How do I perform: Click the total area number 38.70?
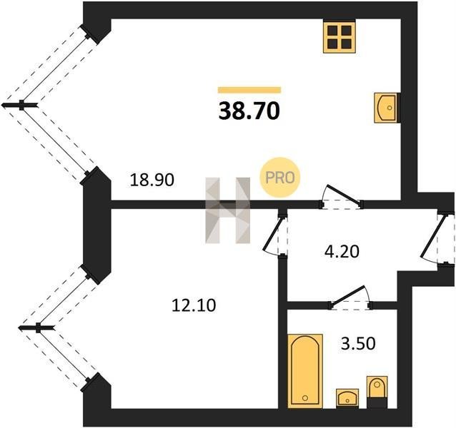(x=249, y=111)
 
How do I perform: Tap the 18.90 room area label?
(x=152, y=180)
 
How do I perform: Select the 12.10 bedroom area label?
(x=194, y=305)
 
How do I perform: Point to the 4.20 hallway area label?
(x=342, y=251)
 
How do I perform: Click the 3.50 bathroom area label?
(x=358, y=344)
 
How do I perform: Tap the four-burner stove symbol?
(x=339, y=37)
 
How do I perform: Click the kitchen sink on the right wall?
(x=386, y=108)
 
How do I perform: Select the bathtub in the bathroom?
(x=305, y=371)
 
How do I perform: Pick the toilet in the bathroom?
(x=377, y=392)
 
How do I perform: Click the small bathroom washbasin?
(x=347, y=399)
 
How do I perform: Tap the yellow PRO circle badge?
(x=279, y=178)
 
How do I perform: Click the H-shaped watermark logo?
(x=228, y=210)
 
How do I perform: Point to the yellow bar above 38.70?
(x=249, y=90)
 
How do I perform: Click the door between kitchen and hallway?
(x=342, y=198)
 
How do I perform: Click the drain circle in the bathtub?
(x=305, y=397)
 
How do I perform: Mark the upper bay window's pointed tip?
(x=2, y=105)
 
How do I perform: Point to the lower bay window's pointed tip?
(x=19, y=328)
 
